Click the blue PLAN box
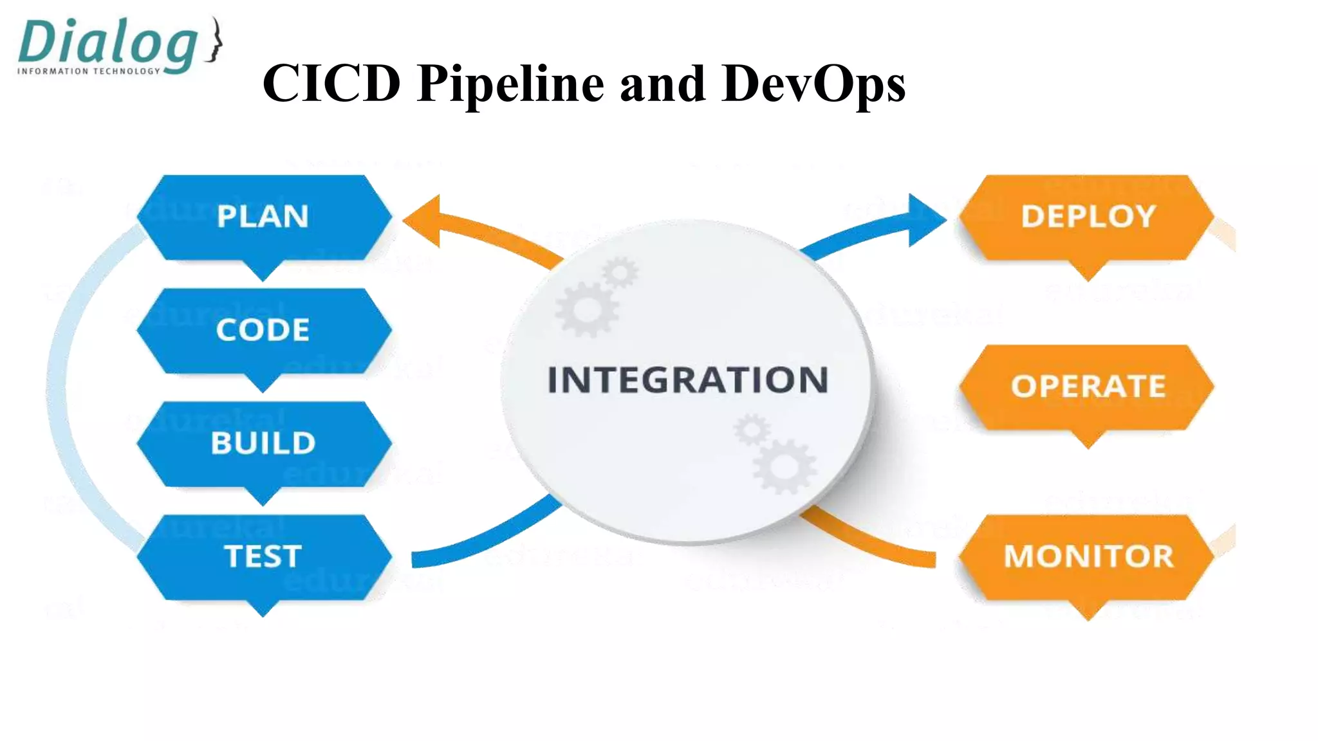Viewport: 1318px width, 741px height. pyautogui.click(x=263, y=217)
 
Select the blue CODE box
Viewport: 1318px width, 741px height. pyautogui.click(x=263, y=330)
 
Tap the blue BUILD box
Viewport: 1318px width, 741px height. pyautogui.click(x=263, y=443)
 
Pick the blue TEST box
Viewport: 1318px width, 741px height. pyautogui.click(x=263, y=556)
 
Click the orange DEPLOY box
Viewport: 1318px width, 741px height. pyautogui.click(x=1088, y=217)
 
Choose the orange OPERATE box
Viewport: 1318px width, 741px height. pyautogui.click(x=1088, y=387)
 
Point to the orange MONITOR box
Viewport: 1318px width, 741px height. pyautogui.click(x=1088, y=556)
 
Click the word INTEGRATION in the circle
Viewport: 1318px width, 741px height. pyautogui.click(x=687, y=380)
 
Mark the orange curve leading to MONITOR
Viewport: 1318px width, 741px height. pyautogui.click(x=869, y=544)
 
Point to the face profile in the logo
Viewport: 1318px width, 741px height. pyautogui.click(x=215, y=40)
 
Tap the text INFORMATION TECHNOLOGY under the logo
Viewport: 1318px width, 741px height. pyautogui.click(x=89, y=71)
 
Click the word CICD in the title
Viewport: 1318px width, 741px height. pyautogui.click(x=331, y=84)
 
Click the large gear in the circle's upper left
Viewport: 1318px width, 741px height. pyautogui.click(x=588, y=309)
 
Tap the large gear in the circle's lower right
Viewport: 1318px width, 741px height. pyautogui.click(x=784, y=466)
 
